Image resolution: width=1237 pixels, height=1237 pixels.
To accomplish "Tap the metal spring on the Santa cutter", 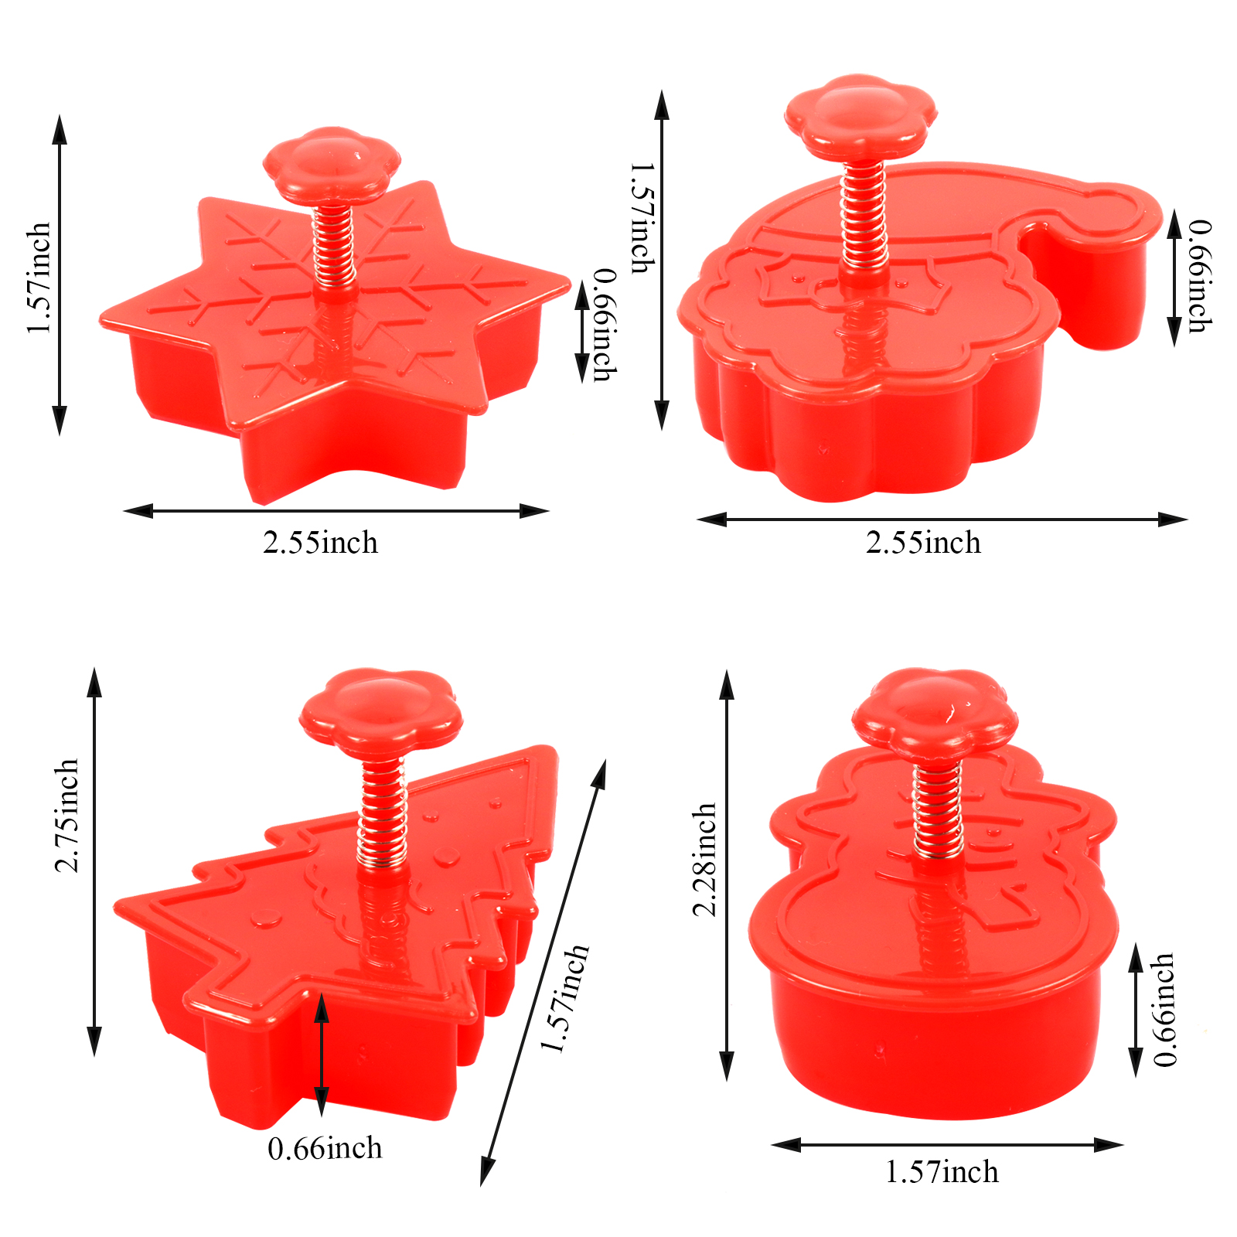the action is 863,216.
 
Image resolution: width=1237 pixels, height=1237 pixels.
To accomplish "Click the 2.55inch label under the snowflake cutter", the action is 320,543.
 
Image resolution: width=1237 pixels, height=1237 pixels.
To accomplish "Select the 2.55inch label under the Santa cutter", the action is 923,543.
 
